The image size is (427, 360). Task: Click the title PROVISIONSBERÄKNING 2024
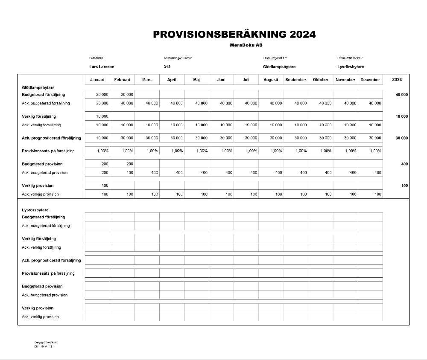[x=234, y=35]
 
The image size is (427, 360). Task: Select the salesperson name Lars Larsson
[x=102, y=67]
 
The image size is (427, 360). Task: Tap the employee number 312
[x=167, y=67]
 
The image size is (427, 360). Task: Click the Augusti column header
[x=271, y=80]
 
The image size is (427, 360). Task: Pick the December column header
[x=370, y=80]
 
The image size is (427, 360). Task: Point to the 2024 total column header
[x=397, y=80]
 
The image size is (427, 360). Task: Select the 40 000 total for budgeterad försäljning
[x=401, y=95]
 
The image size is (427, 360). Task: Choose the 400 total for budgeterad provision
[x=404, y=164]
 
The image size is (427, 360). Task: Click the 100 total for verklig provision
[x=404, y=186]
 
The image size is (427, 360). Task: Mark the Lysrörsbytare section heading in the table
[x=35, y=210]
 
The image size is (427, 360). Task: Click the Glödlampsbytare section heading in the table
[x=38, y=87]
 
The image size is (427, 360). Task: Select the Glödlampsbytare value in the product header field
[x=279, y=67]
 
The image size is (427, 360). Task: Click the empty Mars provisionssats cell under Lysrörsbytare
[x=147, y=273]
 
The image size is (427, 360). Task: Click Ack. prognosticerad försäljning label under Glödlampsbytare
[x=51, y=138]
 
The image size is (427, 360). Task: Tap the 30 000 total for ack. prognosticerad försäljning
[x=401, y=138]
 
